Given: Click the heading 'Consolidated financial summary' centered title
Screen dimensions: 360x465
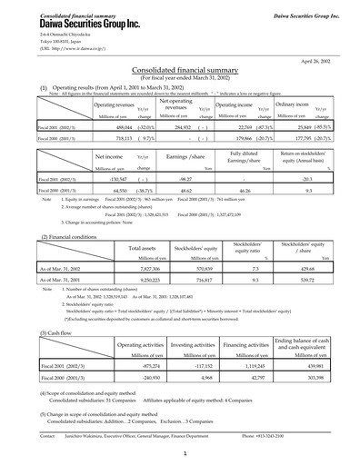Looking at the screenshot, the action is [180, 68].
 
